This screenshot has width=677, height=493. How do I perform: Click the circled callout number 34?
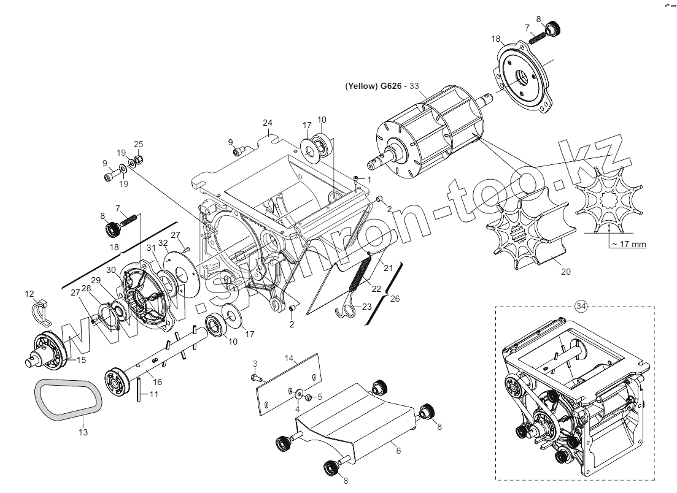click(581, 305)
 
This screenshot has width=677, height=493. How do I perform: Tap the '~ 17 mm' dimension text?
click(629, 245)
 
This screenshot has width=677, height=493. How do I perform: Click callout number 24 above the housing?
click(267, 121)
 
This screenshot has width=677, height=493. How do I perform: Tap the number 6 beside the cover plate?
click(398, 451)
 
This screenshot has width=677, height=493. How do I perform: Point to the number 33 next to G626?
click(414, 86)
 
